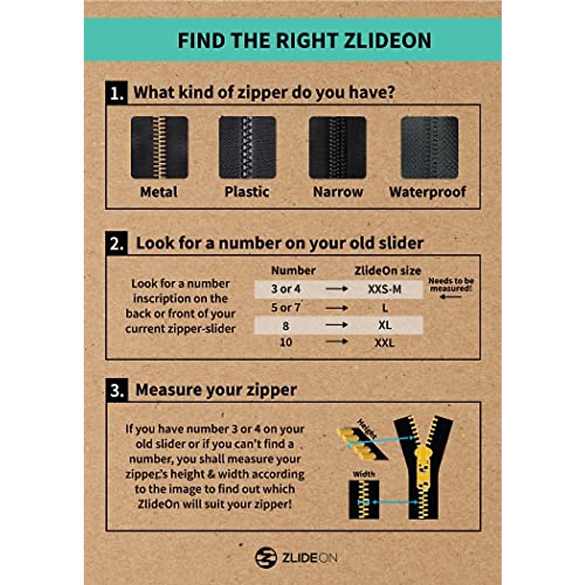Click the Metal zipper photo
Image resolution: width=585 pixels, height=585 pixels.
click(x=159, y=147)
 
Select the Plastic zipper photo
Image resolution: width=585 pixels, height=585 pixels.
click(x=247, y=147)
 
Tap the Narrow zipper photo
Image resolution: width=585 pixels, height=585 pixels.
click(x=337, y=147)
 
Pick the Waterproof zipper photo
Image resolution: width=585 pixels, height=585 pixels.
click(x=429, y=147)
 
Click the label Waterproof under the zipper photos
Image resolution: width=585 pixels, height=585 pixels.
click(x=428, y=192)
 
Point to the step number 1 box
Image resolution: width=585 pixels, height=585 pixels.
click(x=117, y=93)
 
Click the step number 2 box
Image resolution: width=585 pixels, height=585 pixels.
click(x=117, y=243)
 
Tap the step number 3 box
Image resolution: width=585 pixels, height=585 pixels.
click(x=117, y=390)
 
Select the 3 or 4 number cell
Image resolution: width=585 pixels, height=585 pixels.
click(x=286, y=289)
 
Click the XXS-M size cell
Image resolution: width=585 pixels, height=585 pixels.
click(x=385, y=289)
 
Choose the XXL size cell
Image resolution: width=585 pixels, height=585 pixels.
click(x=385, y=343)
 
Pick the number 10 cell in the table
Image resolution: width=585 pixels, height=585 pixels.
click(x=286, y=342)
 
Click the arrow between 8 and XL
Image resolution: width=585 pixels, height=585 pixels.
click(x=337, y=325)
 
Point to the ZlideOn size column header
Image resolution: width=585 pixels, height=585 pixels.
click(x=388, y=271)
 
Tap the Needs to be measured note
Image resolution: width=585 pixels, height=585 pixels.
click(x=451, y=285)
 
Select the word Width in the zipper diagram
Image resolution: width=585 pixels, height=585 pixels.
click(x=364, y=474)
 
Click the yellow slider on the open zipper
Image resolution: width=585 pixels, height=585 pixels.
click(x=423, y=468)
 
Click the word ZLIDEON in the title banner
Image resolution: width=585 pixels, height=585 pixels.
click(x=388, y=40)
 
